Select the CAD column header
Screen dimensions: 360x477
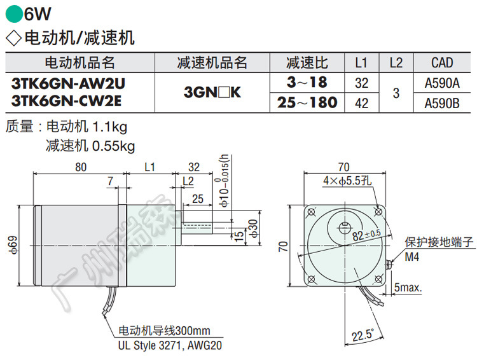442,62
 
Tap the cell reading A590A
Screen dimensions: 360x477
442,83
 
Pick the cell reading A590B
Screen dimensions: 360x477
442,102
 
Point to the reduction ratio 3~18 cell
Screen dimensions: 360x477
307,83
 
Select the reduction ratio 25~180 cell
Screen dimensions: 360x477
307,102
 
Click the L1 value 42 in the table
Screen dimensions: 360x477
361,102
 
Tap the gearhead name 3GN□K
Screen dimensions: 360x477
212,92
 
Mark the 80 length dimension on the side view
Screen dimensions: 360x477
80,167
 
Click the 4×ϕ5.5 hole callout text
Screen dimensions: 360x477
345,181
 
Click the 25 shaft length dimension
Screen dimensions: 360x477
197,199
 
